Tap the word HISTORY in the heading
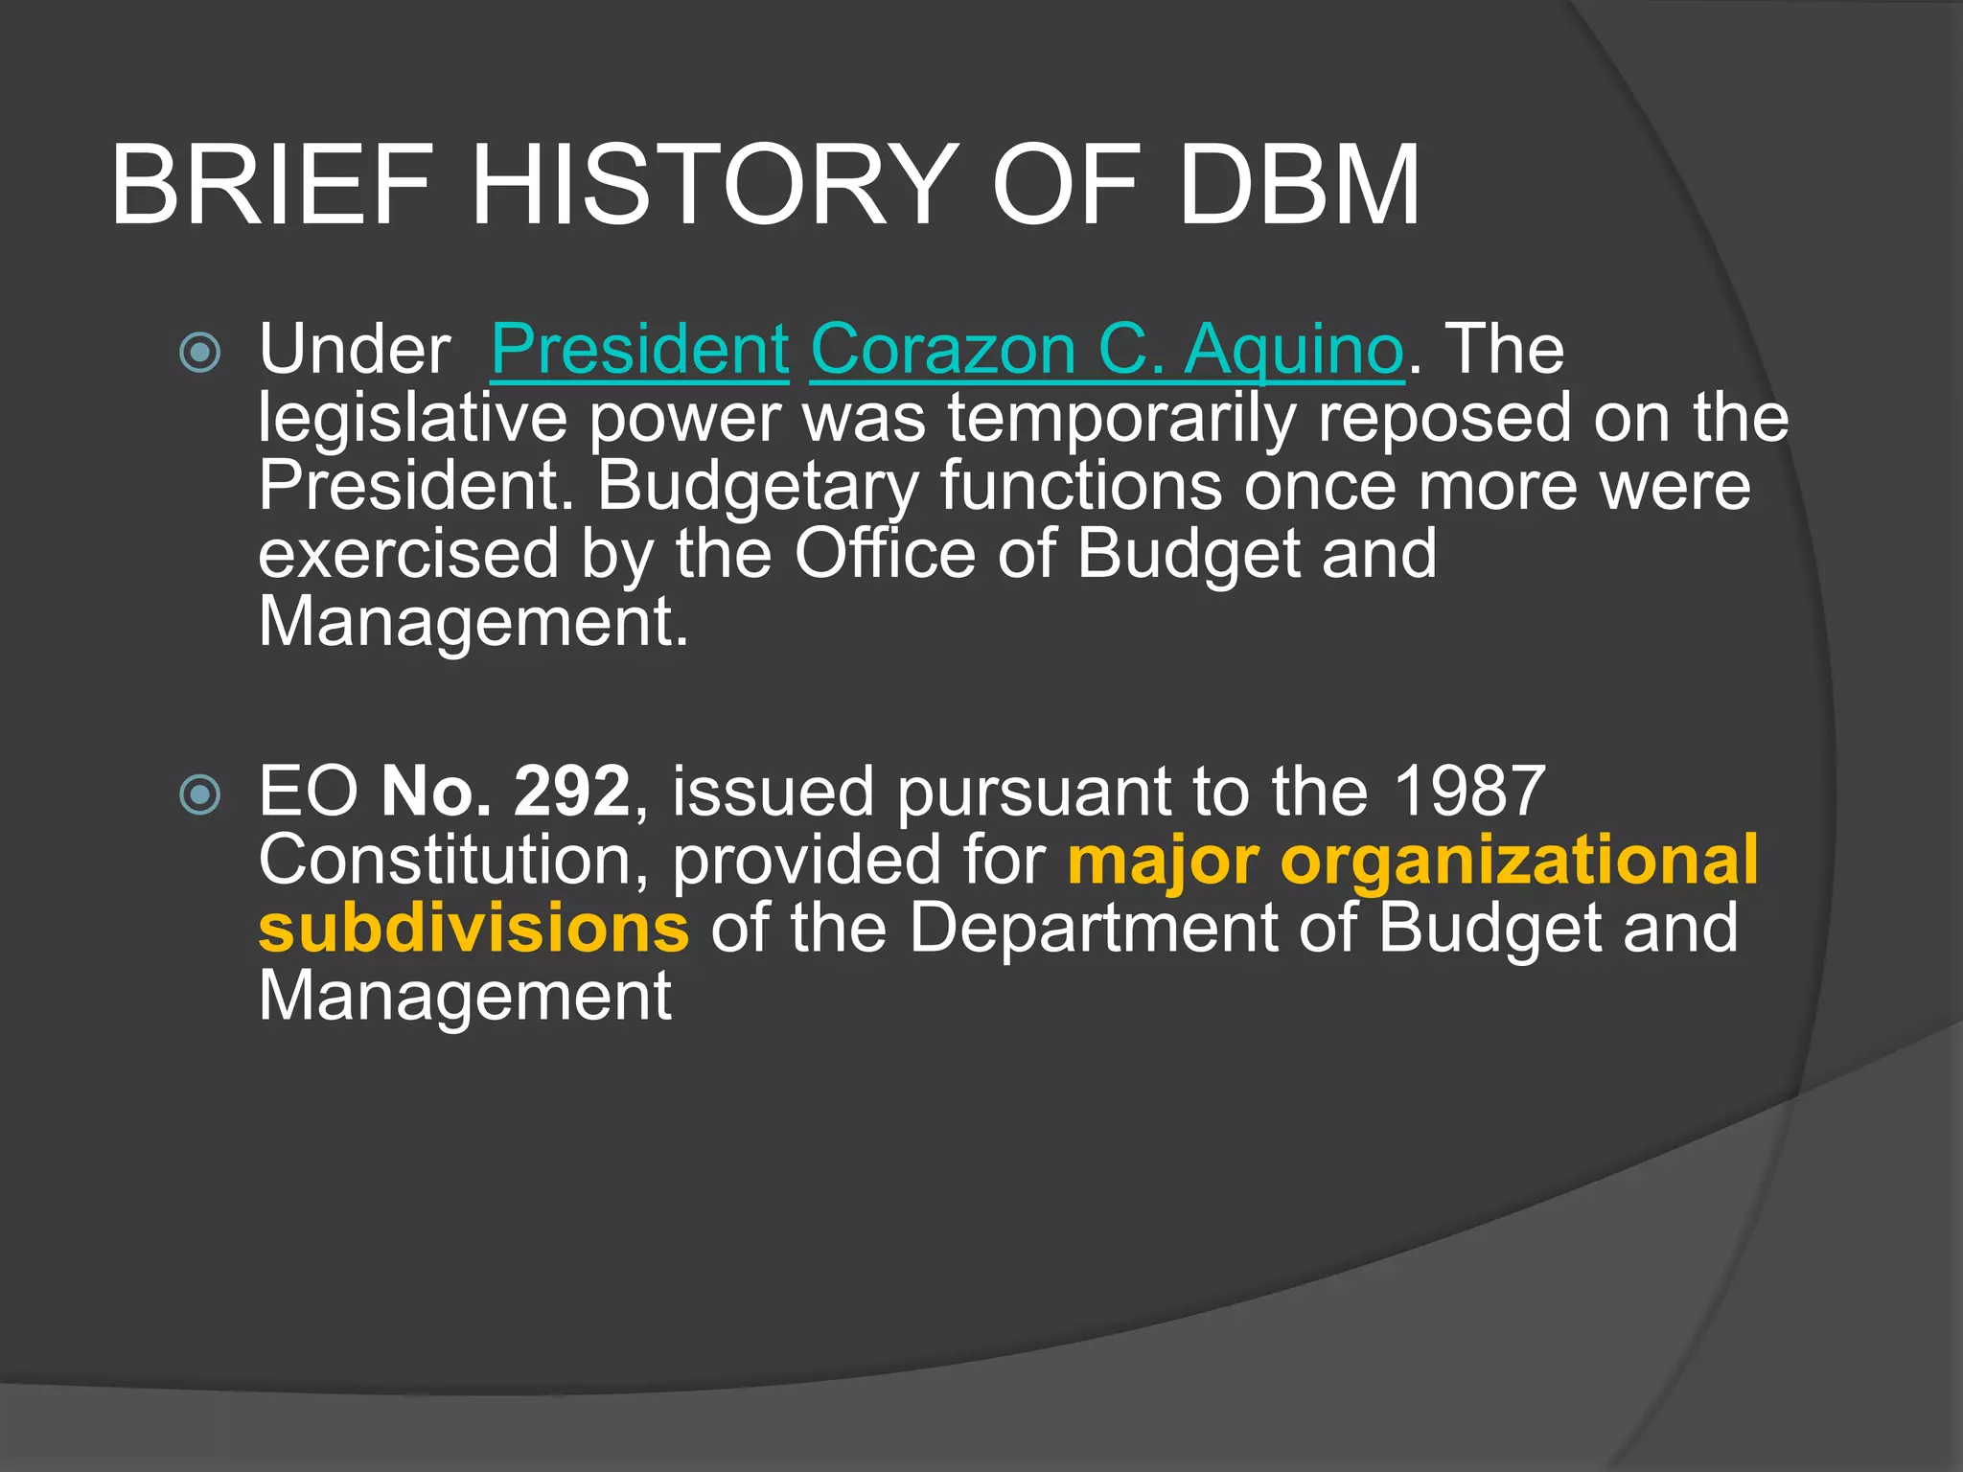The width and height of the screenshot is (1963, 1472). pyautogui.click(x=714, y=185)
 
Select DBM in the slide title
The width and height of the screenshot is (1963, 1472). pyautogui.click(x=1299, y=185)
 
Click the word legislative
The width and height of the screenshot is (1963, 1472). pyautogui.click(x=412, y=419)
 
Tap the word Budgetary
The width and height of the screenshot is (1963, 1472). pyautogui.click(x=757, y=486)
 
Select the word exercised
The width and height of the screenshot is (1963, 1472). pyautogui.click(x=408, y=554)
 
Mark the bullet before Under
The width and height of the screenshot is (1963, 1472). pyautogui.click(x=200, y=353)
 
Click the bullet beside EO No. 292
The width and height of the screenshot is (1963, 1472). pyautogui.click(x=200, y=794)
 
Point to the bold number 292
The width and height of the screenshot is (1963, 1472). pyautogui.click(x=571, y=792)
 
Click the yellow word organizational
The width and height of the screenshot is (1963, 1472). pyautogui.click(x=1519, y=860)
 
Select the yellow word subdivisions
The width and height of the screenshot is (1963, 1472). pyautogui.click(x=473, y=928)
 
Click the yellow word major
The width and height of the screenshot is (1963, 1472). pyautogui.click(x=1163, y=860)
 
